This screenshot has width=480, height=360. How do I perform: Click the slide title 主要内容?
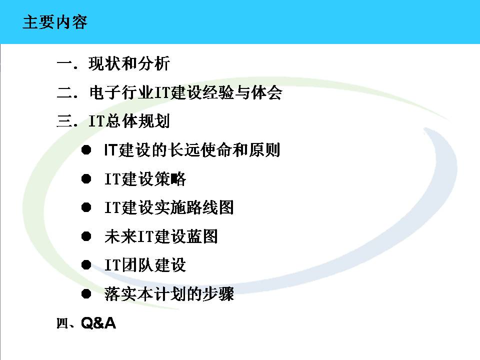tap(55, 22)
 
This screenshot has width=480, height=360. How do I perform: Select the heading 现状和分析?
tap(129, 63)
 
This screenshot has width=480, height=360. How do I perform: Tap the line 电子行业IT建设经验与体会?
tap(185, 92)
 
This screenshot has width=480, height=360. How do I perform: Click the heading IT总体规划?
tap(129, 121)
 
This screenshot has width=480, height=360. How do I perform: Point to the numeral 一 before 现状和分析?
tap(65, 63)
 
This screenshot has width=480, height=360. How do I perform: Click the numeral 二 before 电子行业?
tap(65, 92)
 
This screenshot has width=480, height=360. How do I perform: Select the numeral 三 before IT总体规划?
tap(65, 121)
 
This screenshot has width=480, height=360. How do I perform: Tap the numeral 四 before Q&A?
tap(62, 323)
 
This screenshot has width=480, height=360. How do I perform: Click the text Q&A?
tap(98, 323)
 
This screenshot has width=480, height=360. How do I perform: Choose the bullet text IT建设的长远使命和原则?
tap(192, 150)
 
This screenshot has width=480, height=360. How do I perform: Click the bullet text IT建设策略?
tap(145, 179)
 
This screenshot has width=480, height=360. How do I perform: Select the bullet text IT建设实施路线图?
tap(169, 207)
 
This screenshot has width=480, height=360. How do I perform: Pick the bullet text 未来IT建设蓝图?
tap(161, 236)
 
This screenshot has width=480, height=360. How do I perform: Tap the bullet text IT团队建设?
tap(145, 265)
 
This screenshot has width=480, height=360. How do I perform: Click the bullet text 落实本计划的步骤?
tap(169, 294)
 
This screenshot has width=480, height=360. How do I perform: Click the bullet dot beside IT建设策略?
tap(86, 179)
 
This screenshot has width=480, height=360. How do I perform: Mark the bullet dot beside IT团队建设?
tap(86, 265)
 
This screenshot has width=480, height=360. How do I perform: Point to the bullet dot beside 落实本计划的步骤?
tap(86, 294)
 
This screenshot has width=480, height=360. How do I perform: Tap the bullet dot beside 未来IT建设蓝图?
tap(86, 236)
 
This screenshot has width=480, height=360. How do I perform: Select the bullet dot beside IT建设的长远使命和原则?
tap(86, 150)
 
